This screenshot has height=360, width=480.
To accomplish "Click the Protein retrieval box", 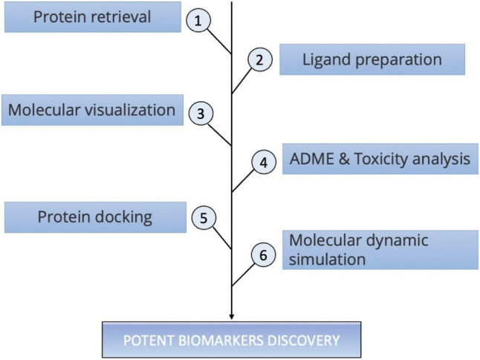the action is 93,17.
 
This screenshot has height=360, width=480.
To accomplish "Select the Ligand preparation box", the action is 372,60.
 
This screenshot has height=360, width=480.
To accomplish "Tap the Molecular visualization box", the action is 92,110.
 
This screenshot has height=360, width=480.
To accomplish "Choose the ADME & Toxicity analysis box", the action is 380,159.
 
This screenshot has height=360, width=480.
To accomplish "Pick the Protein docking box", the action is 96,217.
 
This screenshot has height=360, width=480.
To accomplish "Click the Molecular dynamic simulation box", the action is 380,250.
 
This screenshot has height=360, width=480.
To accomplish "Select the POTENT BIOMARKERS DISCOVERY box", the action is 231,340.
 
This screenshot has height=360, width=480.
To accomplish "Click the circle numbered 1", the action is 198,21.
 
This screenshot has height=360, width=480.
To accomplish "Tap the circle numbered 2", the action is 259,60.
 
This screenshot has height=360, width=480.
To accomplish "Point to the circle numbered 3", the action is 201,114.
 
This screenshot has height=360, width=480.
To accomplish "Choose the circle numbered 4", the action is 264,162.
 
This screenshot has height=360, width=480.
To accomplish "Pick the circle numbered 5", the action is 204,217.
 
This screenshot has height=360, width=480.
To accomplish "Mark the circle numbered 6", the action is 263,254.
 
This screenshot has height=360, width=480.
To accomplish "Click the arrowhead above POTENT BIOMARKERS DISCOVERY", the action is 232,317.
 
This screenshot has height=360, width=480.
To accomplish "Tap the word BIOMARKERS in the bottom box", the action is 221,341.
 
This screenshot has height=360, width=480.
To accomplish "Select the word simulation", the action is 327,259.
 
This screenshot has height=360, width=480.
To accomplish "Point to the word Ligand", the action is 327,60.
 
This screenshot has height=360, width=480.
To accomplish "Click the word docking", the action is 123,217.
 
